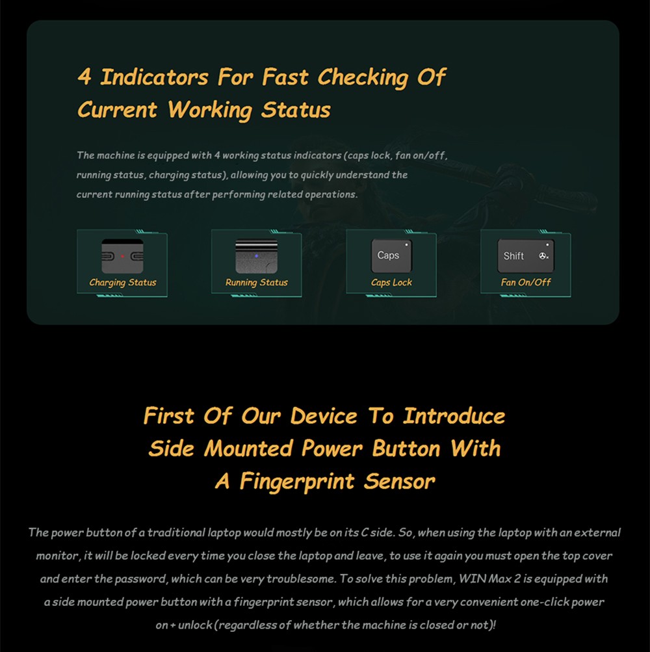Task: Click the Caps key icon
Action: tap(391, 255)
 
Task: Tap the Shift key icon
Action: tap(526, 255)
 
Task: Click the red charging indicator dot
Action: tap(122, 256)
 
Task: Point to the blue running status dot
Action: tap(256, 255)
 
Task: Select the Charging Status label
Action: tap(123, 283)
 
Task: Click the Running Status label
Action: tap(257, 283)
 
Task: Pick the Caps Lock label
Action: tap(391, 283)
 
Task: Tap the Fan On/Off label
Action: tap(526, 282)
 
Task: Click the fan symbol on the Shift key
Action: tap(543, 256)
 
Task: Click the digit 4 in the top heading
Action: tap(84, 77)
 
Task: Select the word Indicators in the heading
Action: tap(154, 77)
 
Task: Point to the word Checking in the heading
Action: tap(363, 78)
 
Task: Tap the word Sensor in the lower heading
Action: tap(399, 482)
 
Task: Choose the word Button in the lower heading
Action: tap(406, 449)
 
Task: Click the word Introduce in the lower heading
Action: tap(454, 416)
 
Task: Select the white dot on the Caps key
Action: tap(406, 245)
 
